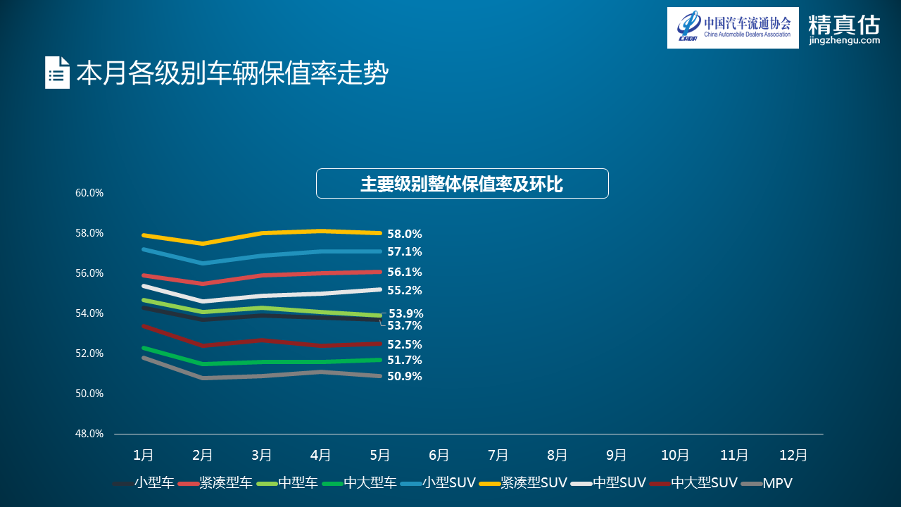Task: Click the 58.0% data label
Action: [x=405, y=234]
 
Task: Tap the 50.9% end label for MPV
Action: [x=405, y=376]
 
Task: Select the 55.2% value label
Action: [x=405, y=290]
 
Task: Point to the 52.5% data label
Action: [x=405, y=344]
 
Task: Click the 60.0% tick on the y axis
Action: [x=89, y=193]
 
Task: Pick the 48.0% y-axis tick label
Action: [x=89, y=434]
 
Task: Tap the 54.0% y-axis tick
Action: [x=89, y=313]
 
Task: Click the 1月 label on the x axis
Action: [x=144, y=456]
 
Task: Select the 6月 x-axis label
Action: [x=439, y=456]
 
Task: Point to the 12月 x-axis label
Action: [x=793, y=456]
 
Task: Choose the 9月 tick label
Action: [x=616, y=456]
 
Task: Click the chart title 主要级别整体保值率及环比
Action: [x=462, y=184]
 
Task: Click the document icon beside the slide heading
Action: [x=57, y=73]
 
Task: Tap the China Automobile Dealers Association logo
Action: [x=733, y=27]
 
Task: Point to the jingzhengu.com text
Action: [x=845, y=41]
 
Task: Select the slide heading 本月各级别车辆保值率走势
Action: [x=232, y=73]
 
